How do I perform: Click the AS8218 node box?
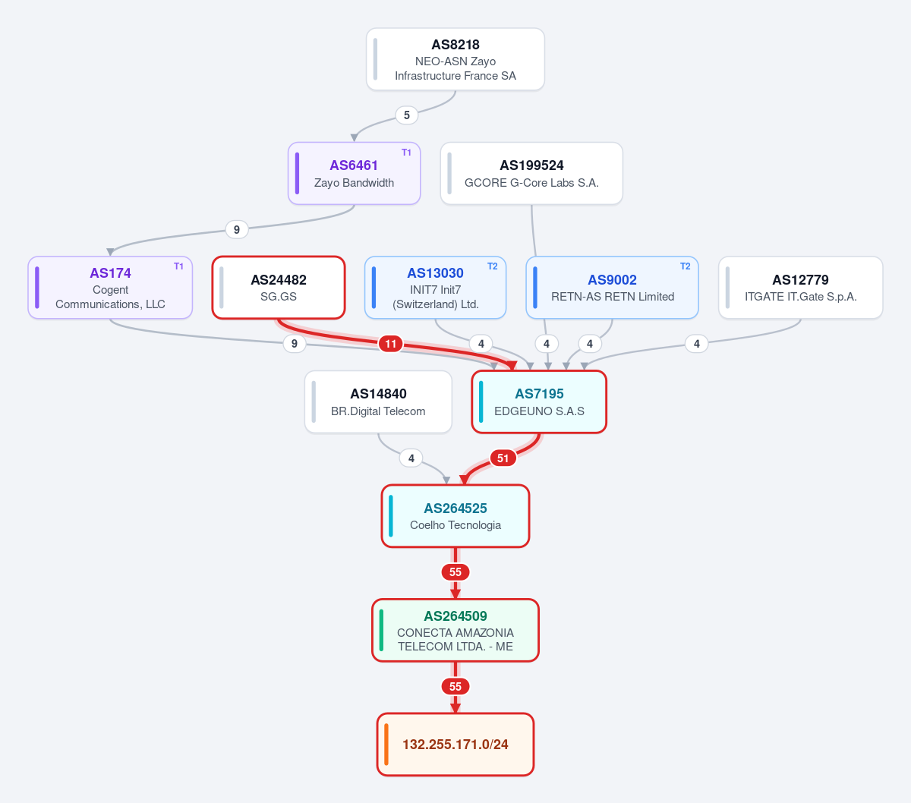tap(455, 59)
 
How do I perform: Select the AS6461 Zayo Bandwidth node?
tap(354, 174)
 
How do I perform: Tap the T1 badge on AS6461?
tap(406, 153)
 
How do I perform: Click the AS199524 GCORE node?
tap(531, 174)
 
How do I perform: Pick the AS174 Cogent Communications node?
tap(110, 288)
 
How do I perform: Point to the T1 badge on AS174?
tap(178, 266)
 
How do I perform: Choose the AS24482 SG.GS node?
tap(279, 288)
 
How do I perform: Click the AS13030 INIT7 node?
tap(435, 288)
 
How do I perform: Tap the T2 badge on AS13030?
tap(493, 266)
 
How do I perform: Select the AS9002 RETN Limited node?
tap(612, 288)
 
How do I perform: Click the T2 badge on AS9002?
tap(685, 266)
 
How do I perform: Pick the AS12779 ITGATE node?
tap(800, 288)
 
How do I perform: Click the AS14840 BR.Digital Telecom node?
tap(378, 402)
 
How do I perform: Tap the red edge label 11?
tap(390, 344)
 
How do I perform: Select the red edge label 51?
tap(503, 458)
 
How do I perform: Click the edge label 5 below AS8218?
tap(406, 115)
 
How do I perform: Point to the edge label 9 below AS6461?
tap(237, 230)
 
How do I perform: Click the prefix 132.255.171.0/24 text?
tap(455, 745)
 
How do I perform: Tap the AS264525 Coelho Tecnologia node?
tap(455, 516)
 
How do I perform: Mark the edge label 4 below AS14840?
tap(411, 458)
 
